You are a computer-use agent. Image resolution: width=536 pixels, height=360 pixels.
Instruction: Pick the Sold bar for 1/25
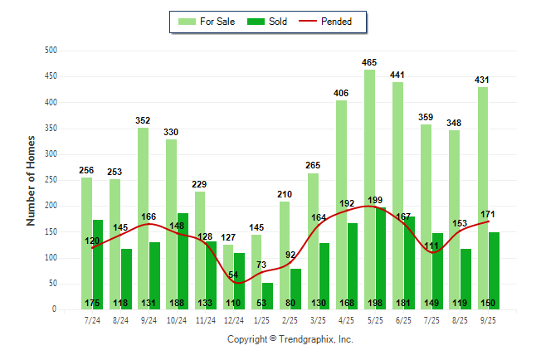[267, 294]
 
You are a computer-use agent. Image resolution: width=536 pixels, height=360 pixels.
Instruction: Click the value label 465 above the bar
[369, 62]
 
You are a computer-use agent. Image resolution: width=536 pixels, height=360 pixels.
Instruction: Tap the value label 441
[397, 75]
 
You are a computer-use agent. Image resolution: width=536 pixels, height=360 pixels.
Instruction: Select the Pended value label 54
[233, 274]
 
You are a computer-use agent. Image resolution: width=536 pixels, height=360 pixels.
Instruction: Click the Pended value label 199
[375, 200]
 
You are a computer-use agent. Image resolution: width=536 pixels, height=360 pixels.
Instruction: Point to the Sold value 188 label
[178, 303]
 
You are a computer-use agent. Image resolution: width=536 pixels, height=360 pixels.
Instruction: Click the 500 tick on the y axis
[51, 51]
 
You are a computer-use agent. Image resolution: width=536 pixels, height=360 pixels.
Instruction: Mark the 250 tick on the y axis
[51, 180]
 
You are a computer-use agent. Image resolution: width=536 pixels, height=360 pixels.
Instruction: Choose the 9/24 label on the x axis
[149, 319]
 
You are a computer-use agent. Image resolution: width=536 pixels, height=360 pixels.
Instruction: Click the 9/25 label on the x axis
[488, 319]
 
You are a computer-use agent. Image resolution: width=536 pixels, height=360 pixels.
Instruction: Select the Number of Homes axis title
[31, 180]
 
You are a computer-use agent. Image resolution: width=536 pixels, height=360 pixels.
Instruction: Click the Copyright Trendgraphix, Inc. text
[290, 339]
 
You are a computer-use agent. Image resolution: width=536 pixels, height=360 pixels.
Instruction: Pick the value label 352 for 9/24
[143, 120]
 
